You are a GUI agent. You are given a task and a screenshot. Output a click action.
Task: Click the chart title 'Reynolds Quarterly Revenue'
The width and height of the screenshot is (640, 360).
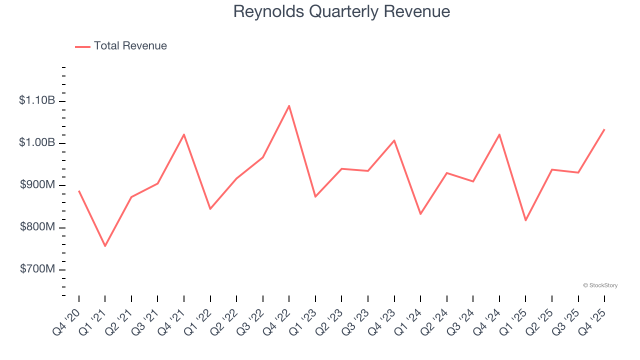(341, 11)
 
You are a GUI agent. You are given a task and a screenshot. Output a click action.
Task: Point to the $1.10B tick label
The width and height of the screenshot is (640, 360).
(37, 100)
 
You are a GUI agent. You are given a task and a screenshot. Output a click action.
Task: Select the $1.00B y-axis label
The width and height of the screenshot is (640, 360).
(37, 142)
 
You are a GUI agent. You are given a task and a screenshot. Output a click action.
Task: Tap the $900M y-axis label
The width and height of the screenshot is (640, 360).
(37, 185)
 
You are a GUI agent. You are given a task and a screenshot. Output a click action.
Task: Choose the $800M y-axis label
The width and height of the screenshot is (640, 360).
(37, 227)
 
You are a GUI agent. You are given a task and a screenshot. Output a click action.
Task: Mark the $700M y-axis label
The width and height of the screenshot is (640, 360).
(37, 269)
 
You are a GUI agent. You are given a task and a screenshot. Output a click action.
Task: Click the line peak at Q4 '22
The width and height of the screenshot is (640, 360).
(289, 105)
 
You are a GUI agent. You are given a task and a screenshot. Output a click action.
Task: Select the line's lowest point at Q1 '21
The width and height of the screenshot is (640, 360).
(105, 246)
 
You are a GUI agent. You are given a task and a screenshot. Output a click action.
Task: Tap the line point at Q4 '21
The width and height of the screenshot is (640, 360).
(184, 134)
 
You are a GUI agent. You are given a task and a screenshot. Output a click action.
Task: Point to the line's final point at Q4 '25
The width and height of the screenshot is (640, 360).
(604, 129)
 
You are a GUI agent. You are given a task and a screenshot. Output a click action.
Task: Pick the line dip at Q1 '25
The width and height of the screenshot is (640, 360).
(525, 220)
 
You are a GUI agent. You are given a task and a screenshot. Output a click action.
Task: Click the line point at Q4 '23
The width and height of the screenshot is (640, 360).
(394, 140)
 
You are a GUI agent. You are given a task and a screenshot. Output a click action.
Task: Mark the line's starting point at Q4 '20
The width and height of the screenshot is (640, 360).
(79, 191)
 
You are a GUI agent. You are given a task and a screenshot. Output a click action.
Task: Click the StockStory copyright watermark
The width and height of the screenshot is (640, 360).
(600, 285)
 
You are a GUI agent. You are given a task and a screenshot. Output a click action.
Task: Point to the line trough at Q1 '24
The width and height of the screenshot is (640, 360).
(420, 214)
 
